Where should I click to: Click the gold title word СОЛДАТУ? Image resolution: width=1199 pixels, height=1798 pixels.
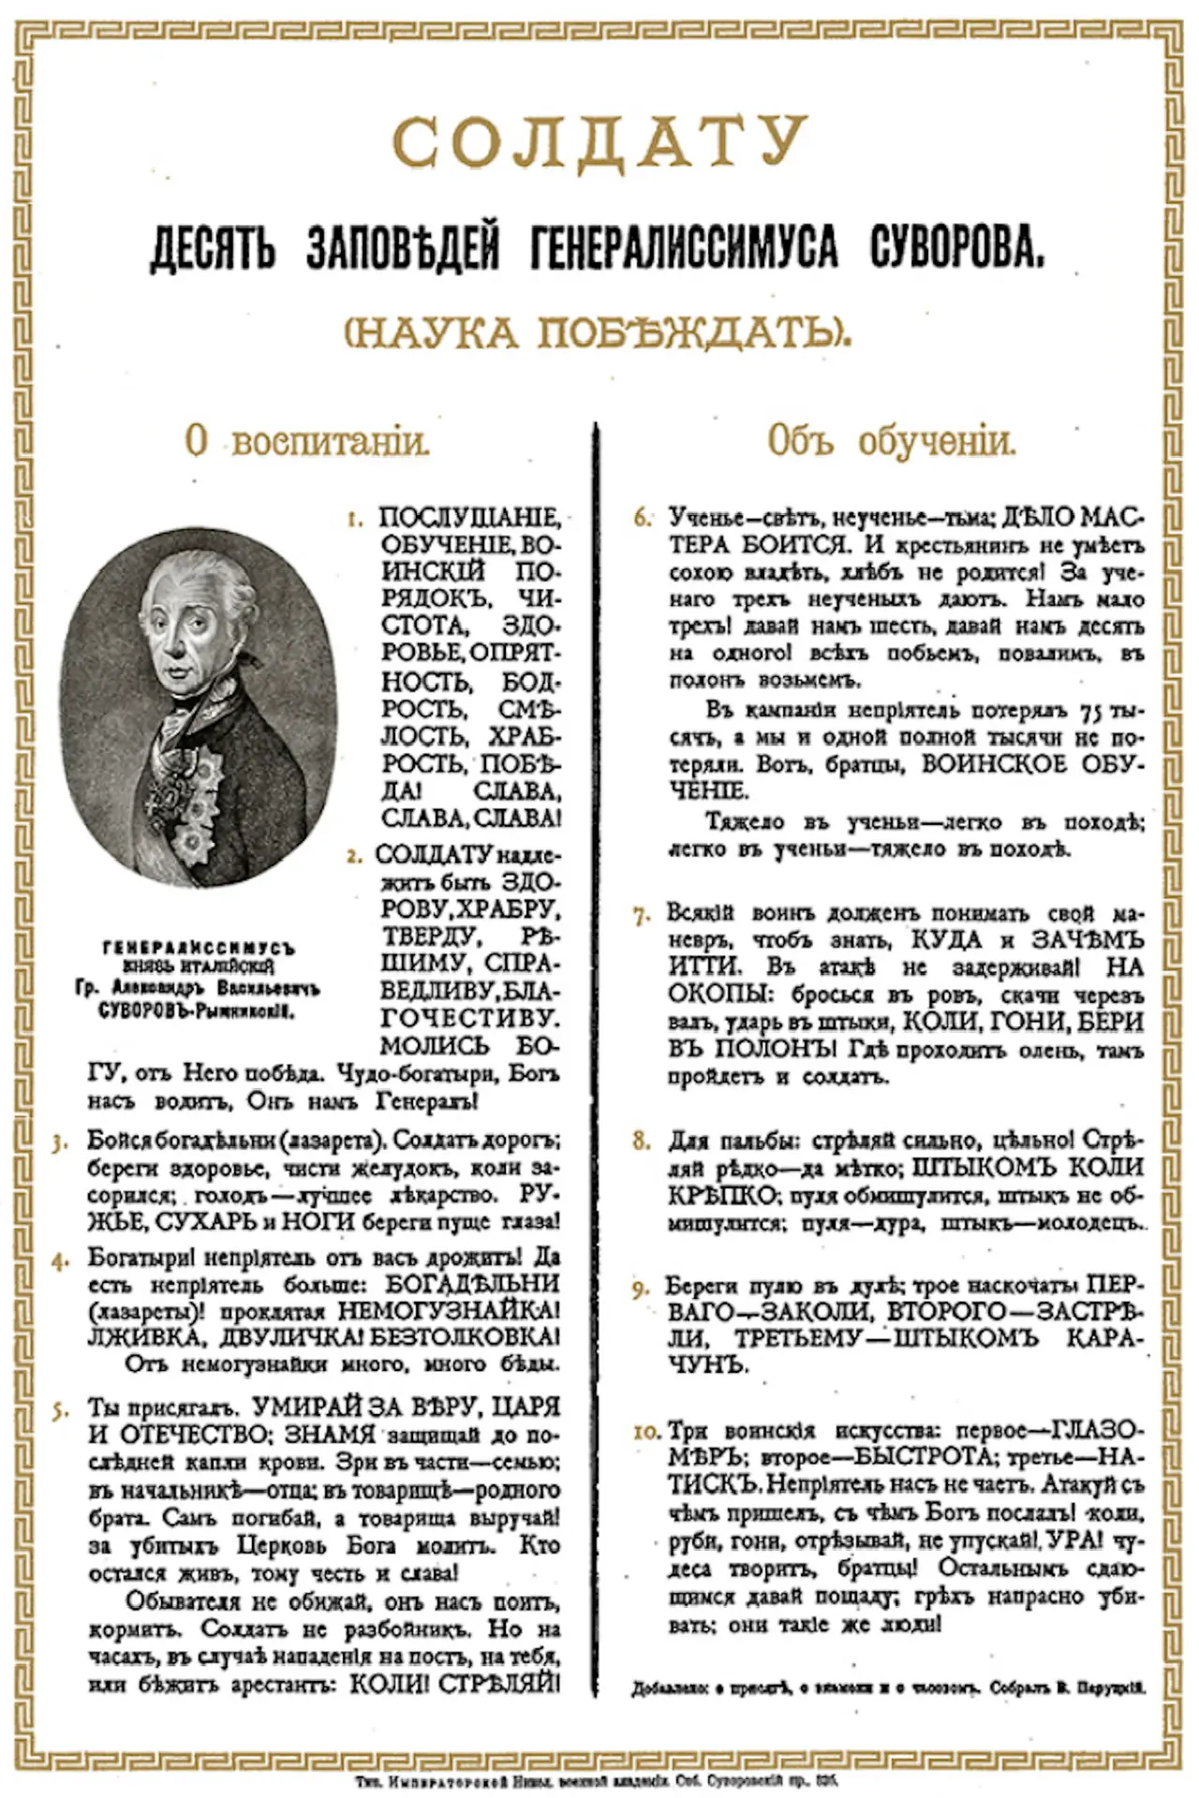coord(599,141)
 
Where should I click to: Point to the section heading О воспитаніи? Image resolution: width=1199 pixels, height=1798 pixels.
coord(307,441)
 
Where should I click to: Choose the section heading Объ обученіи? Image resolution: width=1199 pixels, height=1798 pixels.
coord(891,441)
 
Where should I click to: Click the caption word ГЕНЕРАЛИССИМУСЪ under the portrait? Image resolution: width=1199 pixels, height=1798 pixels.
coord(199,949)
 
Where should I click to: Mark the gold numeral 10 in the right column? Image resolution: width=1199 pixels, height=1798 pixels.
coord(647,1432)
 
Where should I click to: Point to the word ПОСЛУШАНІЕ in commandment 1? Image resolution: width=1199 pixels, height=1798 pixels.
coord(468,518)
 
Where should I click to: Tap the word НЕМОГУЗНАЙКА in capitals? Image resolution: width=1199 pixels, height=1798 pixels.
coord(448,1311)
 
